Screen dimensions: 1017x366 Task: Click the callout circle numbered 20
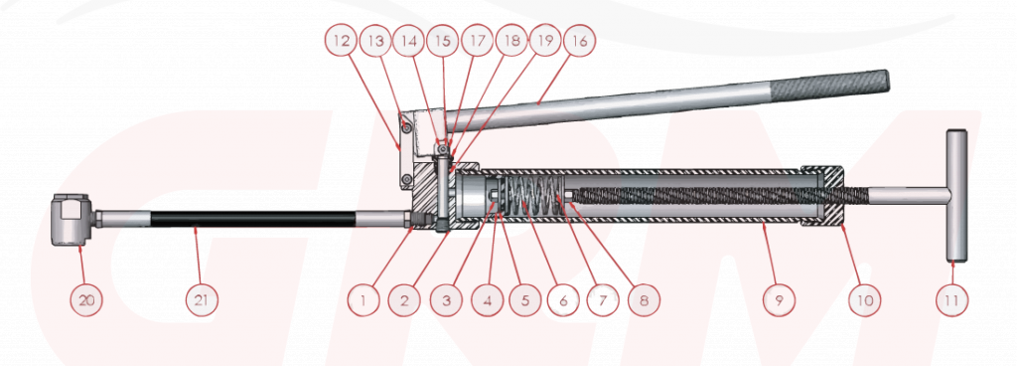(x=86, y=299)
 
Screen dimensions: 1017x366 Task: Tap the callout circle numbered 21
(x=202, y=299)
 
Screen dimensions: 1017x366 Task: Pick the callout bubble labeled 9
(x=779, y=299)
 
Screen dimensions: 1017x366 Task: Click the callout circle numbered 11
(x=951, y=299)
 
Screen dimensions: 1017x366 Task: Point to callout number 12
(x=342, y=42)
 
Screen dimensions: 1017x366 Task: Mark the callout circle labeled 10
(x=865, y=299)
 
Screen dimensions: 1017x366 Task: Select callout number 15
(x=443, y=42)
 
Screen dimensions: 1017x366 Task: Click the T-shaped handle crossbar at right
(x=956, y=196)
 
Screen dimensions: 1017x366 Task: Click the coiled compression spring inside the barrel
(x=533, y=197)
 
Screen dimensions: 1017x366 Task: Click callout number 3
(x=447, y=299)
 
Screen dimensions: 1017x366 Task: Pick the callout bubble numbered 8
(x=643, y=299)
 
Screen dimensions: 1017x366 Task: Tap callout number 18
(x=511, y=42)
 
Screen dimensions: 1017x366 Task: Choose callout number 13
(x=375, y=42)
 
